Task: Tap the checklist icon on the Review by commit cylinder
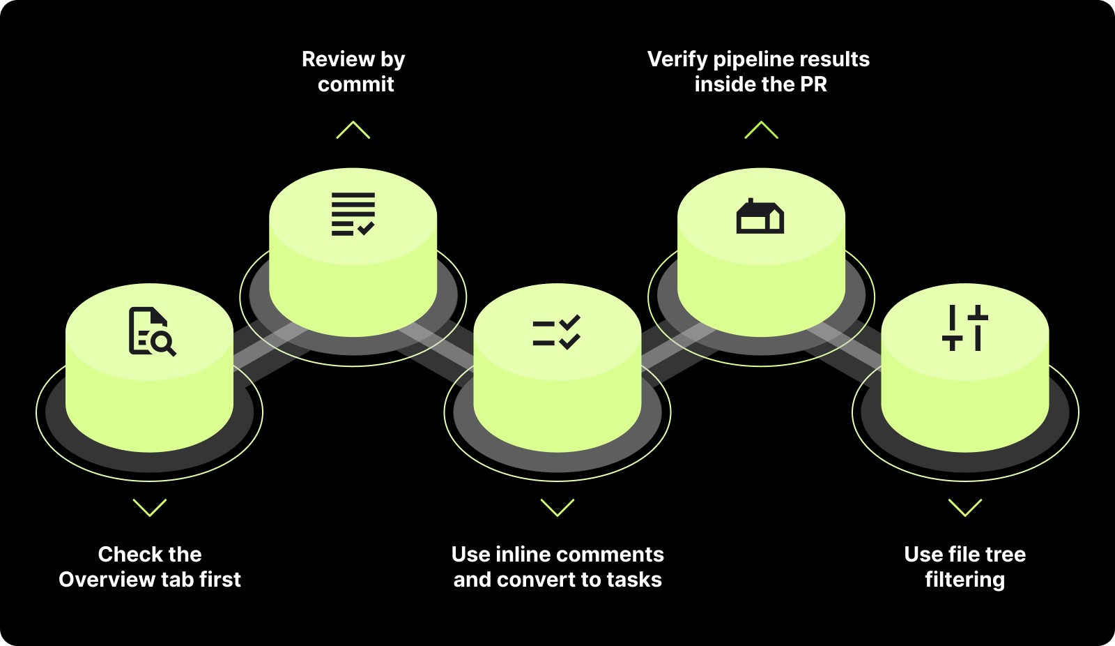click(x=353, y=214)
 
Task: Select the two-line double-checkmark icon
click(x=556, y=332)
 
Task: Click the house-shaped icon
click(x=760, y=216)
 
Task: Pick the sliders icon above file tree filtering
click(x=965, y=327)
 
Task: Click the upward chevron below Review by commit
click(x=353, y=130)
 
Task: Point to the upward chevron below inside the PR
click(x=761, y=130)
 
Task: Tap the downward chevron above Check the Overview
click(x=150, y=507)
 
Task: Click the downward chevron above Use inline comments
click(x=557, y=507)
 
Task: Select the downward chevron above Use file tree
click(x=965, y=507)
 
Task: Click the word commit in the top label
click(x=355, y=84)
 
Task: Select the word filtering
click(x=964, y=580)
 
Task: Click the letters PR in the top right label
click(x=813, y=84)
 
